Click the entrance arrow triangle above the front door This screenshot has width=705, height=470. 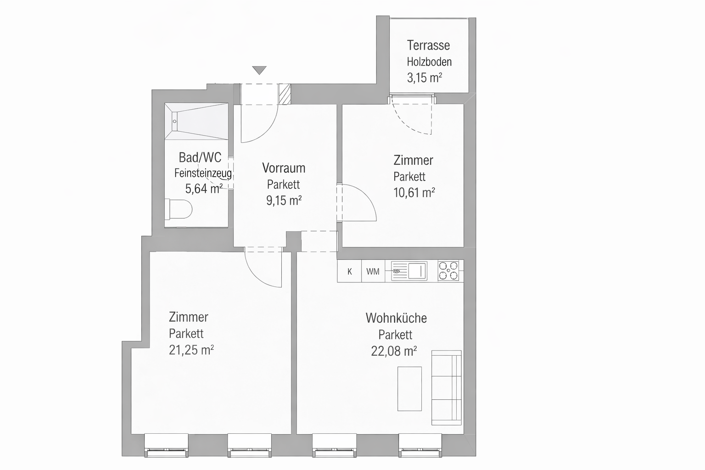259,70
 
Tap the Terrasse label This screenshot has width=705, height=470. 428,45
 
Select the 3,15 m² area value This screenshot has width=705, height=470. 425,78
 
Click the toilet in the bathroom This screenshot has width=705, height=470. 179,209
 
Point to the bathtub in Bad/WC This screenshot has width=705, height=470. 196,121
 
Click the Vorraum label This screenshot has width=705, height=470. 284,168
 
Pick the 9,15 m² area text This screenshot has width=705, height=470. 284,201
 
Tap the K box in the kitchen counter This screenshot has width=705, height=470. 349,271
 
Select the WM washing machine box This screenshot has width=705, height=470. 373,271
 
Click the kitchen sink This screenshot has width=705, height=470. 409,271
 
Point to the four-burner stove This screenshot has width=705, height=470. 448,271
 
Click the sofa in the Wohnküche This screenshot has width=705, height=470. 446,387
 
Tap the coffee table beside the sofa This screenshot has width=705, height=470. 409,389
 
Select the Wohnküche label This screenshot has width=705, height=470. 396,318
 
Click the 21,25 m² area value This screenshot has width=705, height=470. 191,350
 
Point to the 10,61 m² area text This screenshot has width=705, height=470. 414,193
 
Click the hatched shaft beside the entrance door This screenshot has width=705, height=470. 285,94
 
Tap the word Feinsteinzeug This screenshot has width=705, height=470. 203,173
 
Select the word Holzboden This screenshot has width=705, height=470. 429,62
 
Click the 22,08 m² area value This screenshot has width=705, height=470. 394,351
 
